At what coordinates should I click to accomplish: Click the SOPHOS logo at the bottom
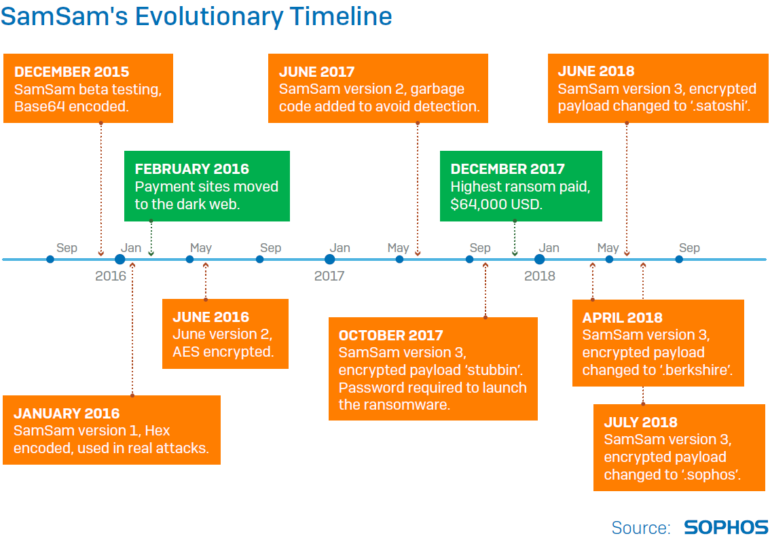pyautogui.click(x=726, y=526)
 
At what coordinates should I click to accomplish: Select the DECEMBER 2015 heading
pyautogui.click(x=72, y=72)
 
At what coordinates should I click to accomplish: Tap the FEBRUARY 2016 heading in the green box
pyautogui.click(x=192, y=169)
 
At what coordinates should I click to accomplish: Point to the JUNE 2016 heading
pyautogui.click(x=211, y=317)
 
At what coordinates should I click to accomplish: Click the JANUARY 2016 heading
pyautogui.click(x=67, y=413)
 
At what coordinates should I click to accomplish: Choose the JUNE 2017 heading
pyautogui.click(x=316, y=72)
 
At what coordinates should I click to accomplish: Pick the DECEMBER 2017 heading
pyautogui.click(x=508, y=169)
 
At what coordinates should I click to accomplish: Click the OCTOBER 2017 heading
pyautogui.click(x=391, y=335)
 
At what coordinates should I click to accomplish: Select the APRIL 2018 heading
pyautogui.click(x=622, y=317)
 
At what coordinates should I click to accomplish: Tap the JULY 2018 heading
pyautogui.click(x=640, y=422)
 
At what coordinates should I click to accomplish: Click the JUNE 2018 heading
pyautogui.click(x=596, y=71)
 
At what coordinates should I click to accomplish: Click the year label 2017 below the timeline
pyautogui.click(x=329, y=276)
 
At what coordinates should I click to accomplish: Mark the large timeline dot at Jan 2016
pyautogui.click(x=120, y=260)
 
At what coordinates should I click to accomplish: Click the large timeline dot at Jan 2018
pyautogui.click(x=540, y=260)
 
